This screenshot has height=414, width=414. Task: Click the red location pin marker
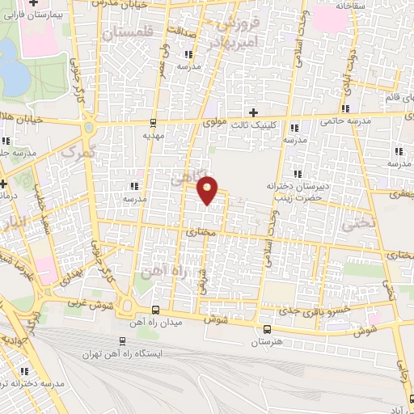click(208, 189)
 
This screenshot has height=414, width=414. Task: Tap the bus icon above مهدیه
click(153, 123)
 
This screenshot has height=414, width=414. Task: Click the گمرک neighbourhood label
click(80, 151)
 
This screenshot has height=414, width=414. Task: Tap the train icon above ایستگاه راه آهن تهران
click(122, 340)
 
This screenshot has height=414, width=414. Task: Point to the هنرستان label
click(268, 343)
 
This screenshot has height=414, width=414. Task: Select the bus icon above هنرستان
click(268, 328)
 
